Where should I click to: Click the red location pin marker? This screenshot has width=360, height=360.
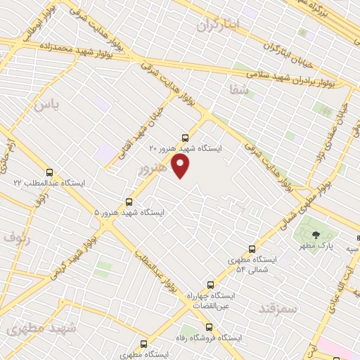(181, 166)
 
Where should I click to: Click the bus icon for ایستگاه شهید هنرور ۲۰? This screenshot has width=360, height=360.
(185, 138)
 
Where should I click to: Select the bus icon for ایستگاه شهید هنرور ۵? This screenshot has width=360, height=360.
(128, 201)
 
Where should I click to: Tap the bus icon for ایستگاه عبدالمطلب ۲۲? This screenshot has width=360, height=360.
(49, 172)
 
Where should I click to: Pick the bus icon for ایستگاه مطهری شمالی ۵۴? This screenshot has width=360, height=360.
(252, 249)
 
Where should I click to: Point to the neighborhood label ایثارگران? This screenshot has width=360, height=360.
(219, 25)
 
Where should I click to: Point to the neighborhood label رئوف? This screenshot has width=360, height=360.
(17, 237)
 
